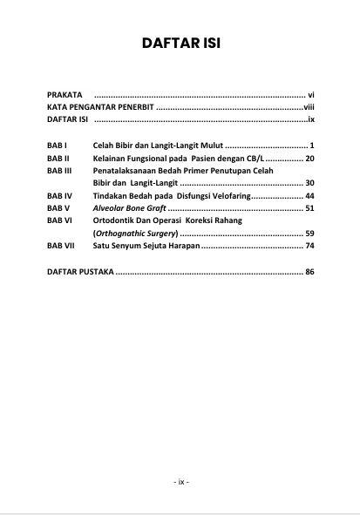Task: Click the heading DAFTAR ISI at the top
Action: (x=180, y=44)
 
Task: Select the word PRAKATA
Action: (x=65, y=91)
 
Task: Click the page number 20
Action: (x=309, y=158)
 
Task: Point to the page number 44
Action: (x=309, y=196)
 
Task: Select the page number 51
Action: (x=309, y=209)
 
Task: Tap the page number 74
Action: (x=309, y=247)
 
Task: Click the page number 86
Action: (x=309, y=273)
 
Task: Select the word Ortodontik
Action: (x=115, y=221)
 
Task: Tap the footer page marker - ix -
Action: (x=180, y=481)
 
